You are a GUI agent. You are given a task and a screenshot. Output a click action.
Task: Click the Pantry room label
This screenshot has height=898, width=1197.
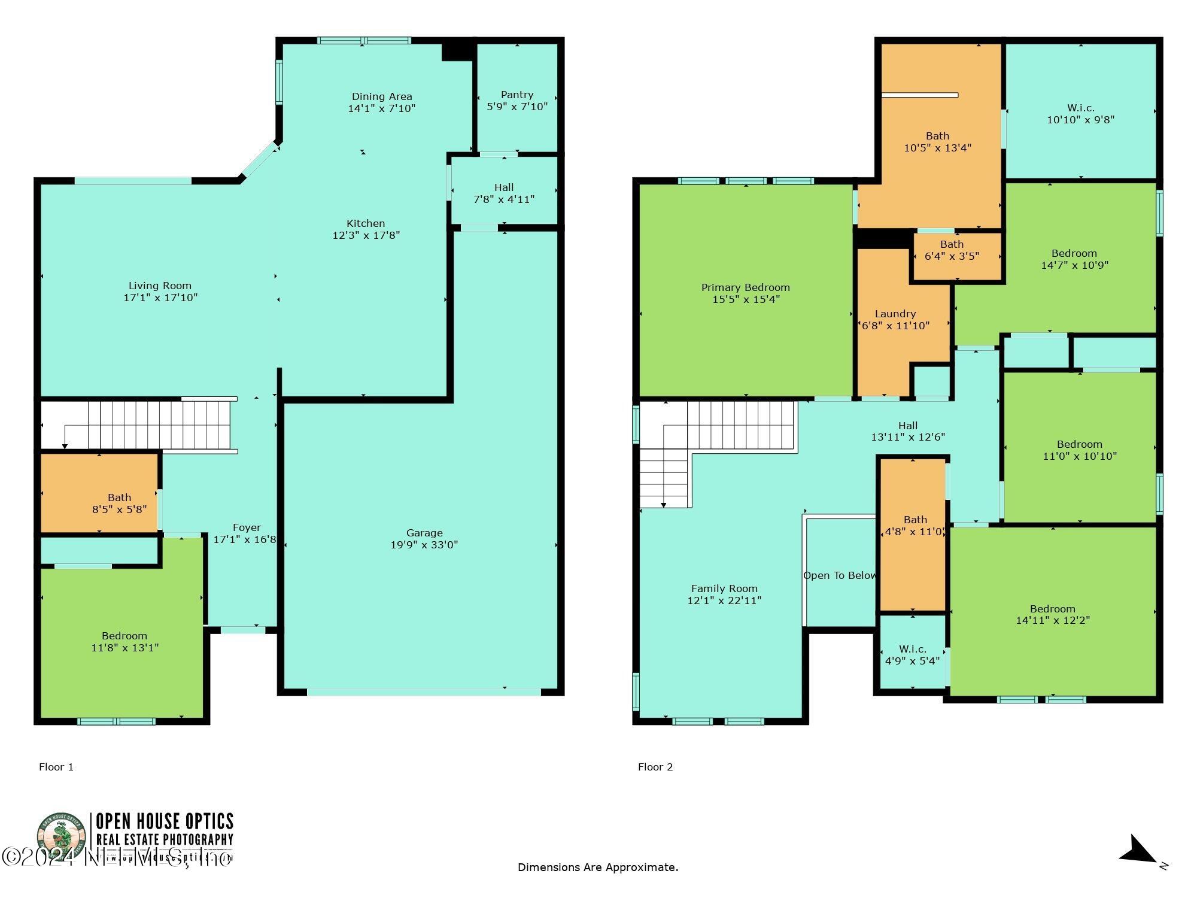point(517,95)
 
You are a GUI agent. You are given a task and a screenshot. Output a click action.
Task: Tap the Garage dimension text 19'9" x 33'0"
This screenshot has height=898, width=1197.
point(424,545)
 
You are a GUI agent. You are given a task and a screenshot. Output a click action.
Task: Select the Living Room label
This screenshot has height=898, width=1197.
point(160,286)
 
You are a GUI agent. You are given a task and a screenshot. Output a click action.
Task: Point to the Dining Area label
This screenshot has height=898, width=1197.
point(381,96)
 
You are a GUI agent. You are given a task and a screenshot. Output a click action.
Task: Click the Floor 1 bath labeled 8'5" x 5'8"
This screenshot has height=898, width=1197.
point(119,503)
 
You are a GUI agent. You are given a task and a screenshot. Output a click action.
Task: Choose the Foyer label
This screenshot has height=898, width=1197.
point(247,527)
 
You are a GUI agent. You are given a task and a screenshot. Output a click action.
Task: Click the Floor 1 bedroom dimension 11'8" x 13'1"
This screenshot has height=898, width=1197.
point(124,648)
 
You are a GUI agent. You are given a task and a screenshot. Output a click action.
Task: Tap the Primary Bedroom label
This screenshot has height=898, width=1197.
point(745,287)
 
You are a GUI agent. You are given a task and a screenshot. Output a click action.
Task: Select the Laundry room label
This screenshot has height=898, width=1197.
point(895,314)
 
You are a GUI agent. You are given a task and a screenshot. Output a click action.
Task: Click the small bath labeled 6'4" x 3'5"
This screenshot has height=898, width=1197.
point(952,250)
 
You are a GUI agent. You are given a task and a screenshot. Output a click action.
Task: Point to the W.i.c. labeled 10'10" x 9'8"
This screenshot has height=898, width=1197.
point(1080,114)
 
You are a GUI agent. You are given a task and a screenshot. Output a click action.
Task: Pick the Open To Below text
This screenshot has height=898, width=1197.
point(839,575)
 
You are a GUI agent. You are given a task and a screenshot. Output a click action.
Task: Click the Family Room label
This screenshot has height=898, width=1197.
point(724,588)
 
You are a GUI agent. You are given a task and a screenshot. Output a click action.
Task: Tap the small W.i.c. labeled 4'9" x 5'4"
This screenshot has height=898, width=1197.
point(912,655)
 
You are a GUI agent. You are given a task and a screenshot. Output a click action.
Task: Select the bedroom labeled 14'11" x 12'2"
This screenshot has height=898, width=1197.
point(1052,614)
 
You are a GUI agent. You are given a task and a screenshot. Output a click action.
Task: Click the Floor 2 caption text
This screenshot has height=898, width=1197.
point(655,767)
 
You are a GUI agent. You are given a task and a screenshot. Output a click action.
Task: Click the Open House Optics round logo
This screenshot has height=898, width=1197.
point(60,838)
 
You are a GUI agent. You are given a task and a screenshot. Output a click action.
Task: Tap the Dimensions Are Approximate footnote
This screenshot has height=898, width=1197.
point(597,867)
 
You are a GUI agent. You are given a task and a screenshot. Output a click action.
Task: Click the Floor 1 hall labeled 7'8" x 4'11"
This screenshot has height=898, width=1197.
point(503,193)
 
